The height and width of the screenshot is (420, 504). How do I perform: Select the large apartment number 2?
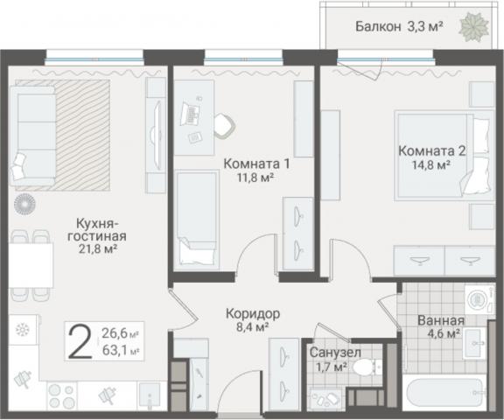tap(80, 342)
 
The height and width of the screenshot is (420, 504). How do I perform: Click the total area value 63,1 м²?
tap(122, 353)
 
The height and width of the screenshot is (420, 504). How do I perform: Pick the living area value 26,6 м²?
tap(122, 333)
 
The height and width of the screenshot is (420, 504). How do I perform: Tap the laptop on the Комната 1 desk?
tap(191, 114)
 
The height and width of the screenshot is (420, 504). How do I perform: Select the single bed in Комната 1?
tap(196, 219)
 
